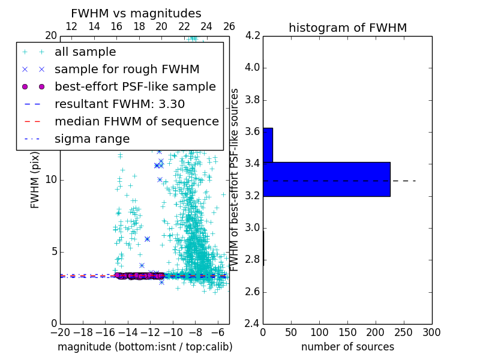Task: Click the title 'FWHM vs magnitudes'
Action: coord(136,13)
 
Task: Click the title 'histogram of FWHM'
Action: coord(347,28)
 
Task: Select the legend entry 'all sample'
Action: coord(85,52)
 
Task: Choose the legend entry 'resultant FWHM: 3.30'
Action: coord(119,104)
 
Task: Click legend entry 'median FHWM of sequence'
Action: coord(136,121)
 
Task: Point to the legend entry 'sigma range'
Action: coord(92,139)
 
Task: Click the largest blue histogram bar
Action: coord(326,179)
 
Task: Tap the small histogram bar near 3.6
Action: coord(268,145)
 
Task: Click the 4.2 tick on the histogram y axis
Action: coord(252,35)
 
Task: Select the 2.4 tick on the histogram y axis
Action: coord(252,324)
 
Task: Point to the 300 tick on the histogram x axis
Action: coord(431,332)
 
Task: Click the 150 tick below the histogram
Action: coord(347,332)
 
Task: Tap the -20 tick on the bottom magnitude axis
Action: coord(60,332)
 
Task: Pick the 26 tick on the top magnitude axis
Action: coord(229,27)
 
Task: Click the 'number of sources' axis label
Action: coord(347,347)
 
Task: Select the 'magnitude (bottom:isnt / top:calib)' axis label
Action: coord(145,347)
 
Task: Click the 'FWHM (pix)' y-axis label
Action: coord(35,180)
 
